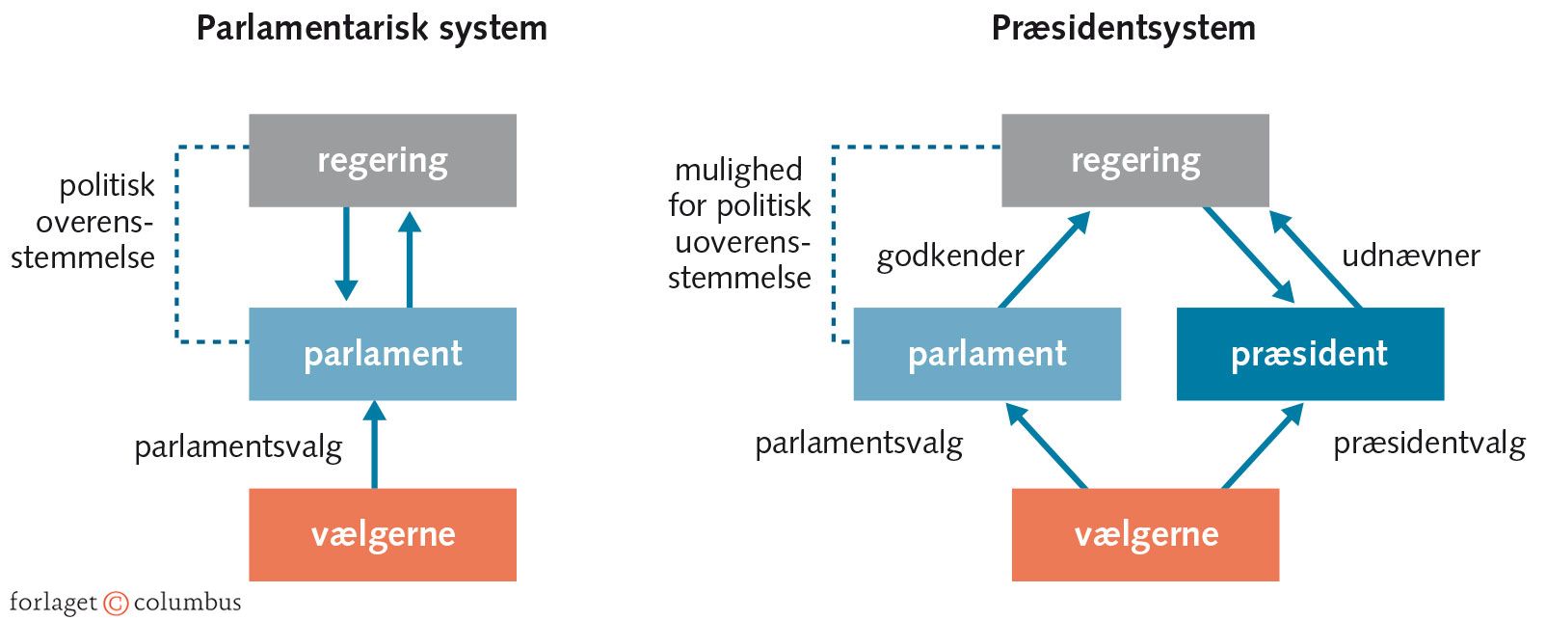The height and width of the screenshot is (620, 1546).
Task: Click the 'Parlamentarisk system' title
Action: tap(371, 28)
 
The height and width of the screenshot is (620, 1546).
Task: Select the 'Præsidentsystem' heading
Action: tap(1123, 28)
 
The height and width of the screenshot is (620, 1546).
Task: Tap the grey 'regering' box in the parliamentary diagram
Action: tap(383, 160)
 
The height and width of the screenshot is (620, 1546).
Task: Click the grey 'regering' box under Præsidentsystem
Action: tap(1135, 160)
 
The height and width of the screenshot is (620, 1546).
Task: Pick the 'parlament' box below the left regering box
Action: tap(383, 354)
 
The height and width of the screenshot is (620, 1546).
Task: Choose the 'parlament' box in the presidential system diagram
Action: tap(987, 354)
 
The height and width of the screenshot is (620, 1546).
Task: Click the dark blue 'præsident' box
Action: tap(1310, 354)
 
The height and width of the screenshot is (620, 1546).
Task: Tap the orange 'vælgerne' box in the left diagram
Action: tap(383, 534)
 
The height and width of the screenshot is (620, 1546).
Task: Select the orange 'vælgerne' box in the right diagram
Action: tap(1145, 534)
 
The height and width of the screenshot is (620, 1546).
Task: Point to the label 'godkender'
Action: tap(949, 256)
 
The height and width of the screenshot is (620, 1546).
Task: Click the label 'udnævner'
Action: tap(1410, 256)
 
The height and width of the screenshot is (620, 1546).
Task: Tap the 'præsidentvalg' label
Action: tap(1428, 444)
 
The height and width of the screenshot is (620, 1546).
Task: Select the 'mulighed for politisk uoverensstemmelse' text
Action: tap(740, 224)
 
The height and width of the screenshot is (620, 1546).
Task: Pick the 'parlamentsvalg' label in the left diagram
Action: tap(238, 447)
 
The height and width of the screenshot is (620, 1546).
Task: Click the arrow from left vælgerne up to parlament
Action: tap(375, 445)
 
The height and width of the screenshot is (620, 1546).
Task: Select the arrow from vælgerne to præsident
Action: tap(1263, 446)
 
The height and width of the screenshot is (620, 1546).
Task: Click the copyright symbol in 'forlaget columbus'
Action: tap(116, 604)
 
